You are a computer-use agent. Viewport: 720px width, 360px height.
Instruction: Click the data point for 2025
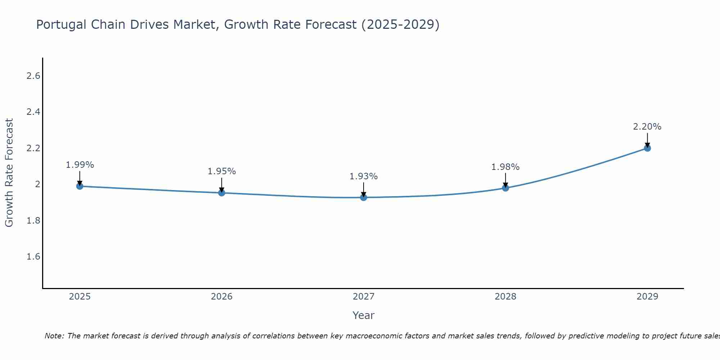tap(80, 186)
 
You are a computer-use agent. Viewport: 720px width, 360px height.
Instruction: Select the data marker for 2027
tap(364, 197)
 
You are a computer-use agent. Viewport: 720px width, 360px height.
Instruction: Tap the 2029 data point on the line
tap(647, 148)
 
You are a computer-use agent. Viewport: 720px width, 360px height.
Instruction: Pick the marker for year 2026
tap(222, 193)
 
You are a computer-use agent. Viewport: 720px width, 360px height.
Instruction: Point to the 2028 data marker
tap(505, 188)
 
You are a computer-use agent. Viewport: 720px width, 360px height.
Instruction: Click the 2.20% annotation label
tap(647, 127)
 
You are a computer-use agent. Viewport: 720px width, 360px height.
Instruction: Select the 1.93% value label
tap(364, 176)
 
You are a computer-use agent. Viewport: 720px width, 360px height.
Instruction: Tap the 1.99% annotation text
tap(80, 165)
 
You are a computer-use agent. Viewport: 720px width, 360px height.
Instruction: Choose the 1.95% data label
tap(222, 171)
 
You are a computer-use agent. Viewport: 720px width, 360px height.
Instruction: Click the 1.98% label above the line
tap(505, 167)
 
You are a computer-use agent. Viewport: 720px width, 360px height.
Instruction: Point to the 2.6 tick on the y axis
tap(33, 76)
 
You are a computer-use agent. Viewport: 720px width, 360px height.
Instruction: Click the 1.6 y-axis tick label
tap(33, 257)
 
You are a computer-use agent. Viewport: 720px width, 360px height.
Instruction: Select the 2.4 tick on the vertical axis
tap(33, 112)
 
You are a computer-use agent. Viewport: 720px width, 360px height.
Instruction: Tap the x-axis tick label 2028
tap(505, 297)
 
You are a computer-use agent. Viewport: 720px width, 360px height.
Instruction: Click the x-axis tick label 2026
tap(222, 297)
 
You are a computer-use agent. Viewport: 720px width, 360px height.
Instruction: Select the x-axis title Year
tap(364, 315)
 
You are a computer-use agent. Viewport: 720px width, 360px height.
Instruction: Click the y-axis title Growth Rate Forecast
tap(9, 173)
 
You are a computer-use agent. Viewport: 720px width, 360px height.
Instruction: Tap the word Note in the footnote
tap(54, 336)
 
